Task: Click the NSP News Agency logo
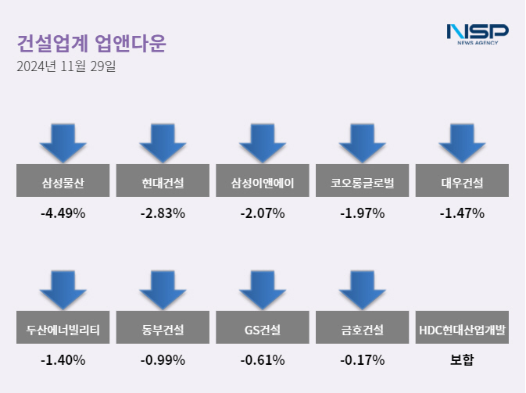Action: click(x=477, y=34)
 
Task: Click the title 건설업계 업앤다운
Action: click(x=91, y=42)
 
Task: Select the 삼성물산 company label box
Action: click(x=63, y=184)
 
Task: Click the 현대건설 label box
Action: click(x=163, y=184)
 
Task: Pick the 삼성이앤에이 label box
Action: click(x=263, y=184)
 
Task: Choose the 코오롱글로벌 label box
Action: click(x=363, y=184)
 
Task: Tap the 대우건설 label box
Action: click(x=462, y=184)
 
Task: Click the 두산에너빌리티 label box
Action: click(x=63, y=330)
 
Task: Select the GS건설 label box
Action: click(x=263, y=330)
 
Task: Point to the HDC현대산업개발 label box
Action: click(x=462, y=330)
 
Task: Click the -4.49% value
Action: click(x=63, y=213)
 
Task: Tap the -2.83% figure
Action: click(x=163, y=213)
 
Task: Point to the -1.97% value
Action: click(x=363, y=213)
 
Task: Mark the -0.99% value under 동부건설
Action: click(x=163, y=360)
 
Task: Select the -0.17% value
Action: click(x=363, y=360)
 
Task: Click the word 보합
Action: click(x=462, y=360)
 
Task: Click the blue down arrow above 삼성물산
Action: click(x=63, y=141)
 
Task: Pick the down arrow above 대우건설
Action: click(x=462, y=141)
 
